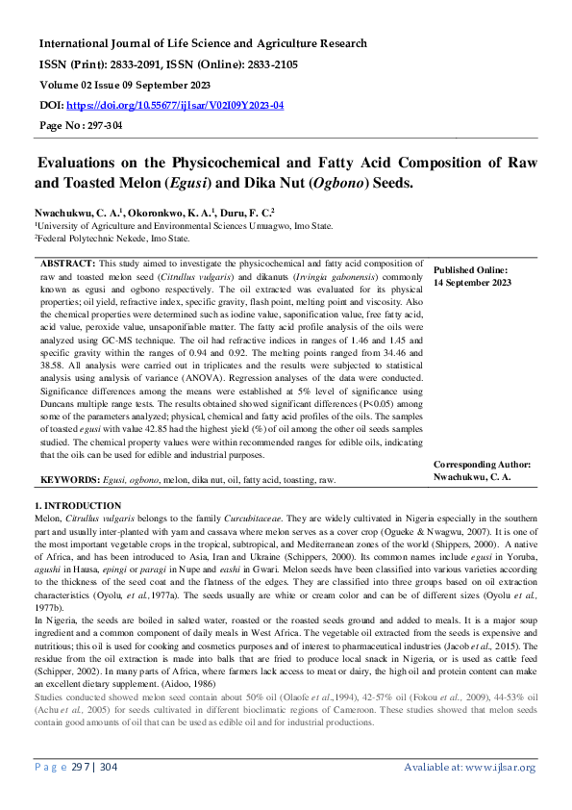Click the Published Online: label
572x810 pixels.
[x=470, y=271]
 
